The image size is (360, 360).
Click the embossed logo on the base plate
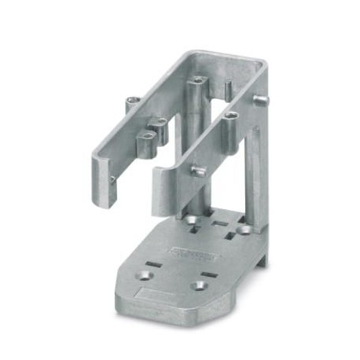point(192,253)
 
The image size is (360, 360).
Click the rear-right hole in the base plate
point(244,230)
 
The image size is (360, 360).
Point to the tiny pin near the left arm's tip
point(112,180)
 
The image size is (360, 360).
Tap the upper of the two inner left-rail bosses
point(160,123)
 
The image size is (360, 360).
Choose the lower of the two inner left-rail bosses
point(147,139)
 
